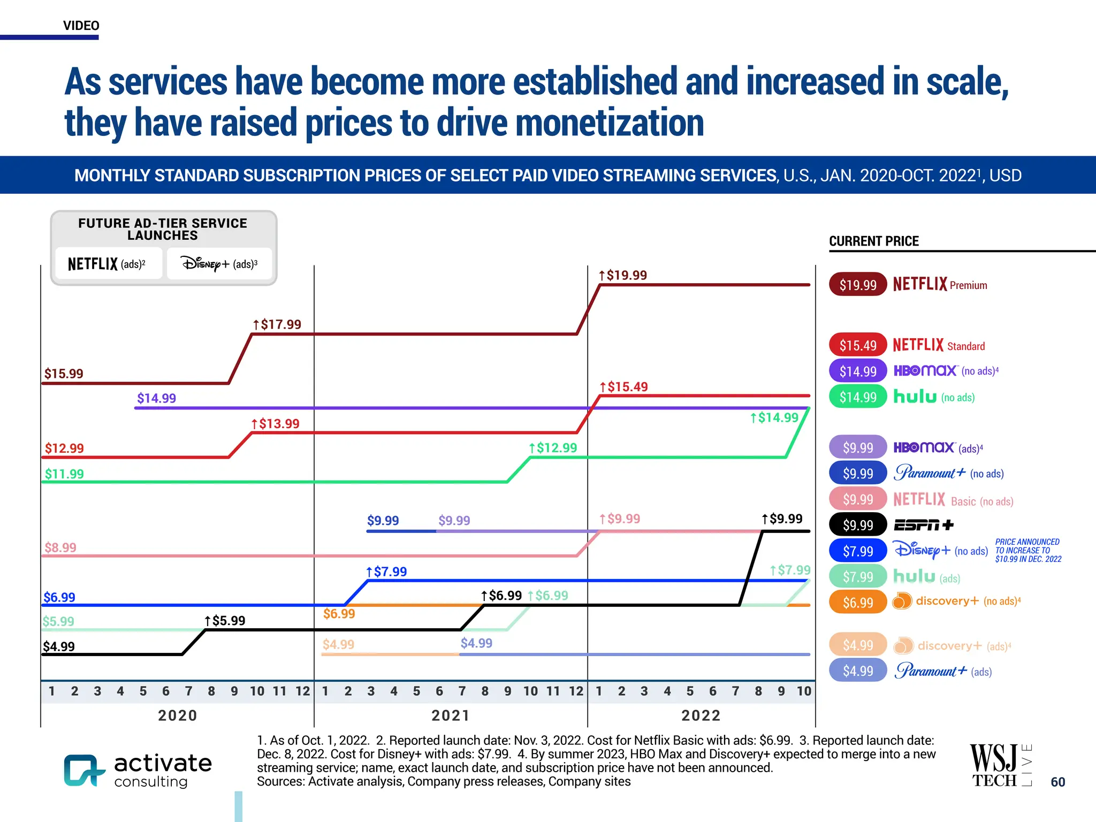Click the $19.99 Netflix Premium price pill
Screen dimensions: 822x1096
point(857,285)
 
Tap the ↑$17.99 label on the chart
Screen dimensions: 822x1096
point(277,324)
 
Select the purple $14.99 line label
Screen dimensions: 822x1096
point(156,398)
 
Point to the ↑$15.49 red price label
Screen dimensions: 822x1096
point(623,386)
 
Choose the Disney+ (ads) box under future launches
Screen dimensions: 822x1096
point(219,264)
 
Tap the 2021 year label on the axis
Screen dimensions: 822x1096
point(450,716)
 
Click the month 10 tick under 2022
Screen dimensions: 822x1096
point(804,691)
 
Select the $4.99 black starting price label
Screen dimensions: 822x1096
point(59,646)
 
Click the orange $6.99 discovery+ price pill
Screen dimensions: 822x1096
point(857,603)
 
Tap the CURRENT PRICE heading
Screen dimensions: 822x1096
point(873,241)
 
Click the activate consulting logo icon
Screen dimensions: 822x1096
point(83,771)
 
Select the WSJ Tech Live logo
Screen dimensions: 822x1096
point(1000,766)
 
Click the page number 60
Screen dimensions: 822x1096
point(1057,782)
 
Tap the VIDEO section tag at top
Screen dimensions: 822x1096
point(81,26)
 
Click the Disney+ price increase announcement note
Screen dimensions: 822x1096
point(1027,551)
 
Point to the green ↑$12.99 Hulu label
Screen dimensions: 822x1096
point(553,448)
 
